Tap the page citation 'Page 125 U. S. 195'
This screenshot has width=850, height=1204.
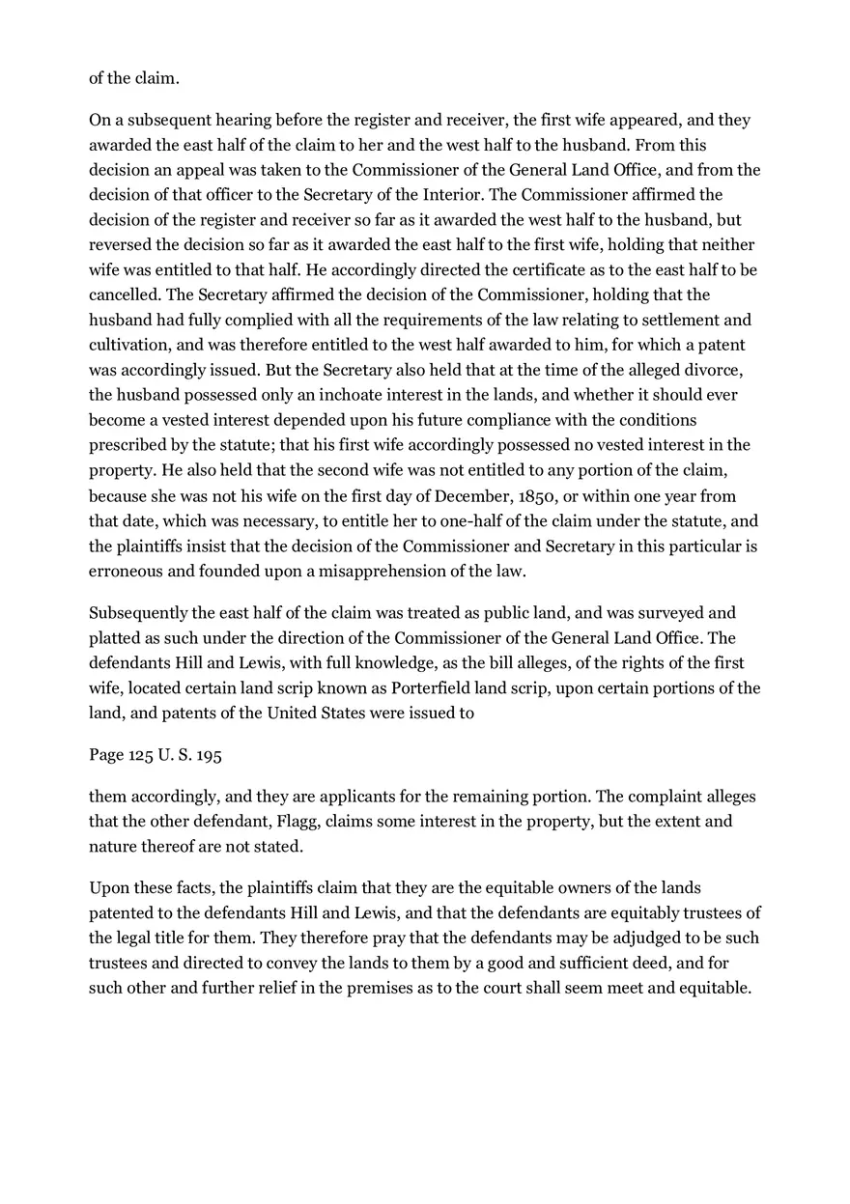tap(156, 755)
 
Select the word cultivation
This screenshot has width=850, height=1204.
tap(131, 345)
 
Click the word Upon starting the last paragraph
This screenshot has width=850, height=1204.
tap(108, 887)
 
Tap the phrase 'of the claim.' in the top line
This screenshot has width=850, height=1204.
tap(134, 78)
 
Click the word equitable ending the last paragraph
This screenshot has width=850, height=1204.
tap(713, 988)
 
